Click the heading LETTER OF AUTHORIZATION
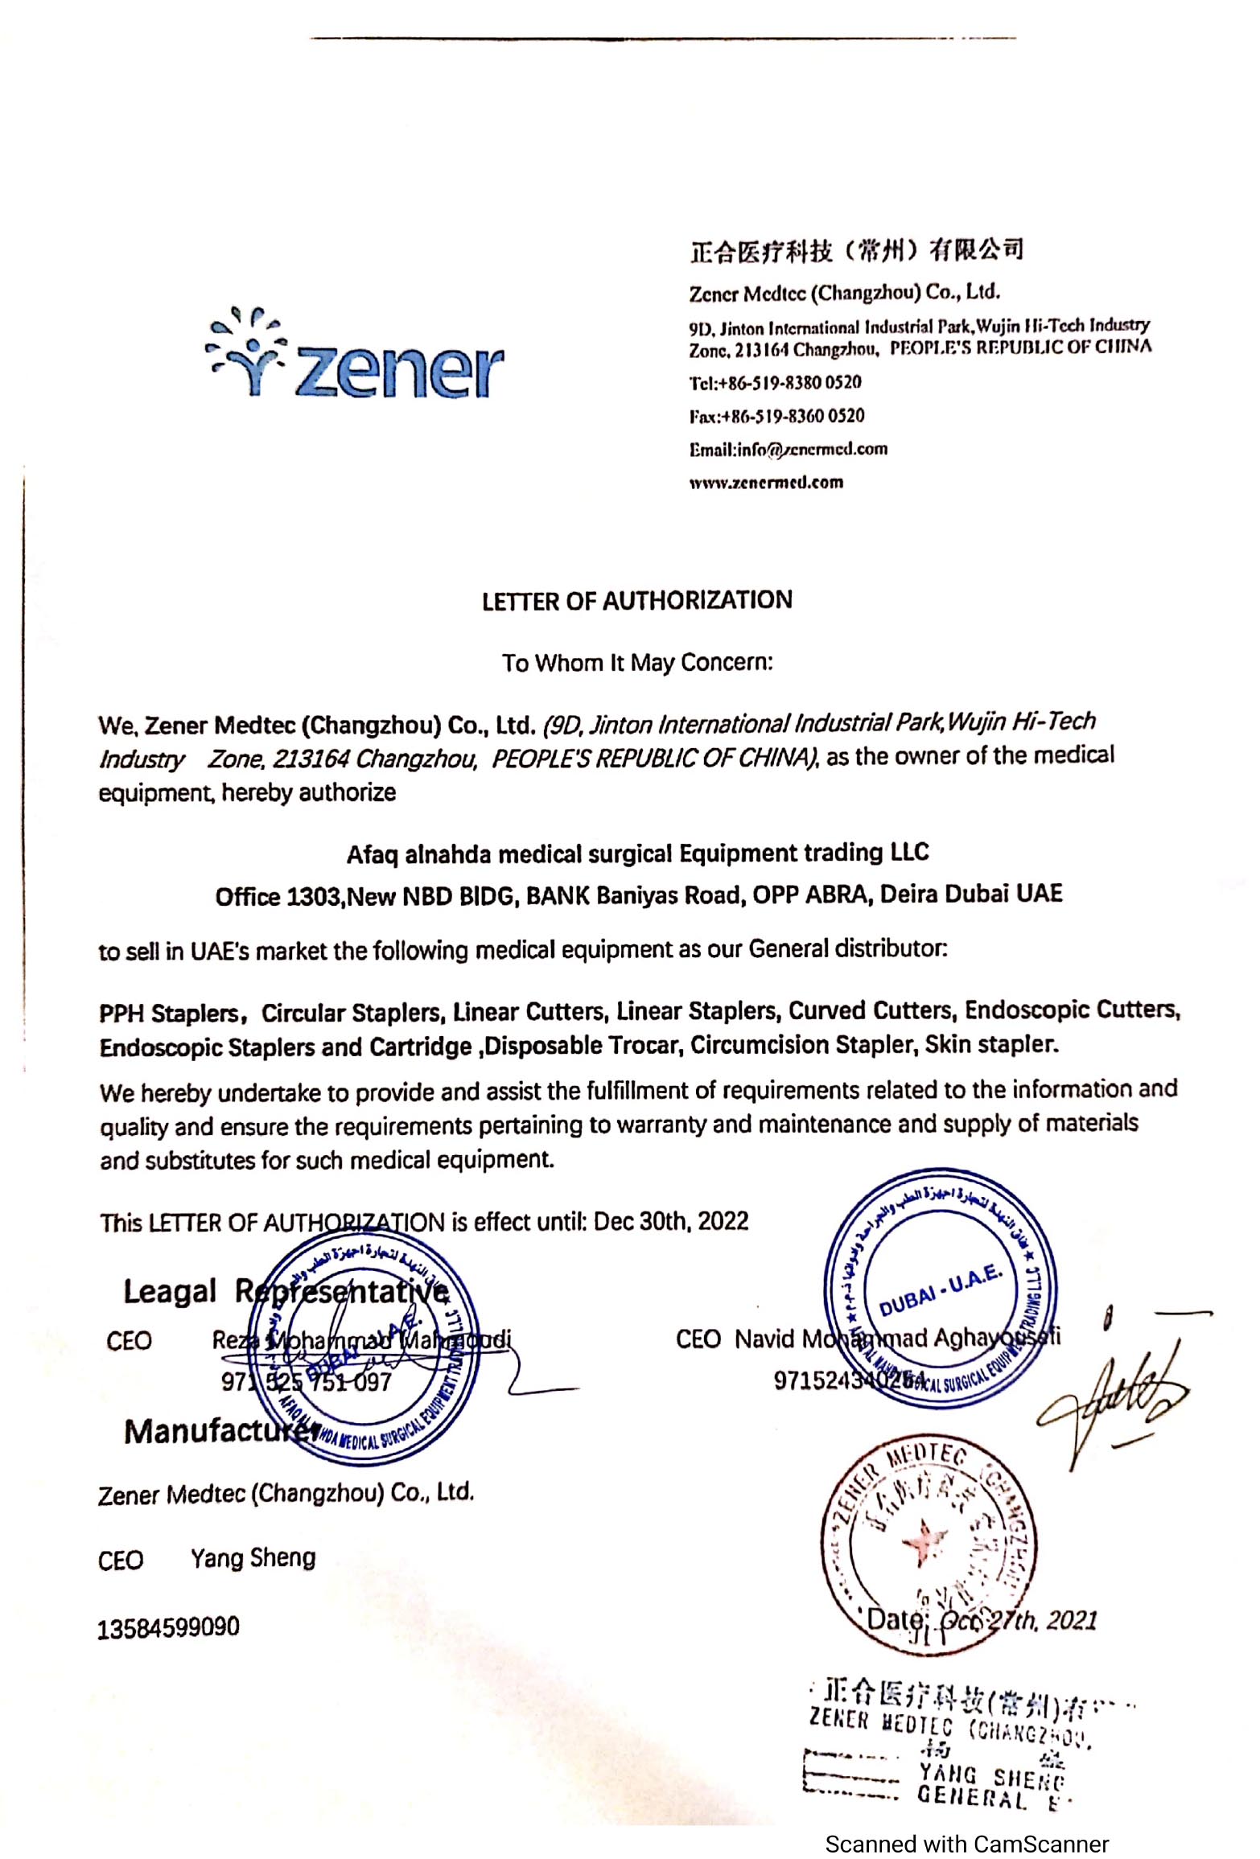pos(636,600)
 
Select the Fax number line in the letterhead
pos(776,416)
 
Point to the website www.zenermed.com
pos(766,483)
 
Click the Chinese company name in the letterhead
pos(855,251)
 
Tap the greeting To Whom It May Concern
pos(636,663)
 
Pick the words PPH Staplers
pos(169,1013)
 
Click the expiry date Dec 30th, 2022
pos(670,1222)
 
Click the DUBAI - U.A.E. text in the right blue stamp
pos(939,1289)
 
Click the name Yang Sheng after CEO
pos(253,1558)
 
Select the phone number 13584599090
pos(168,1627)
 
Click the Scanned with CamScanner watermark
pos(966,1843)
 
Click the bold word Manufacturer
pos(221,1432)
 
